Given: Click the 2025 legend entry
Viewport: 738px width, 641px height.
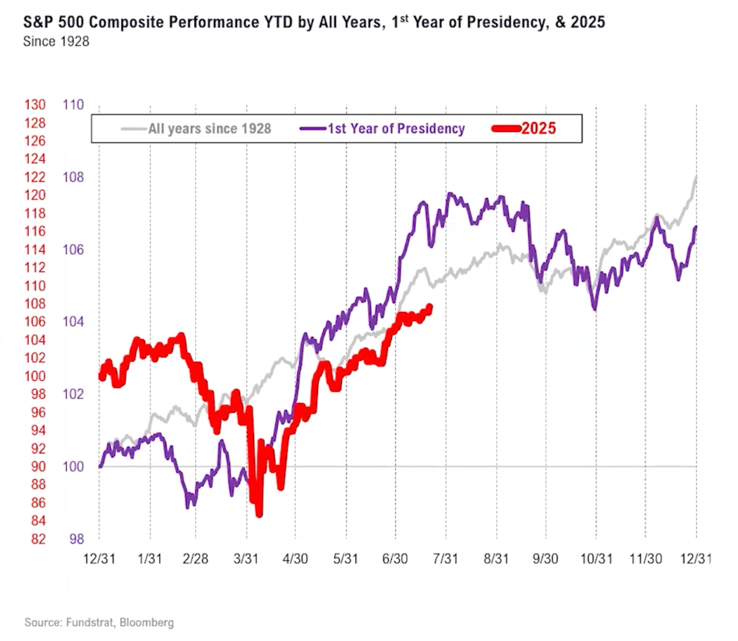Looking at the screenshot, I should click(538, 129).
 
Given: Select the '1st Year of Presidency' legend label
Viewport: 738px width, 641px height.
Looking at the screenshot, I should click(396, 129).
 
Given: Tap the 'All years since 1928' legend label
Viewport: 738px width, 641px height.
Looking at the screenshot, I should click(209, 129).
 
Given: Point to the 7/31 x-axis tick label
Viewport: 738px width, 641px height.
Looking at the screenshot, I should click(446, 558).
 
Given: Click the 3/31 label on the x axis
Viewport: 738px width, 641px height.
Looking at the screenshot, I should click(246, 558).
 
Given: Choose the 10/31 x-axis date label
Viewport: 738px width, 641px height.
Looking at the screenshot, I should click(596, 558).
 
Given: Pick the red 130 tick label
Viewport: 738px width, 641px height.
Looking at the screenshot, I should click(35, 105).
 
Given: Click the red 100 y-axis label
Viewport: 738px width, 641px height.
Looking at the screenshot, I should click(35, 376).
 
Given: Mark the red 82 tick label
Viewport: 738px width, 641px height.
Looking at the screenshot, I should click(38, 539).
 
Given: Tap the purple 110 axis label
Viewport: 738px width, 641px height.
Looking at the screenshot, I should click(73, 105).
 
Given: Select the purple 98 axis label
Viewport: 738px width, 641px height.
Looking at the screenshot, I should click(77, 539).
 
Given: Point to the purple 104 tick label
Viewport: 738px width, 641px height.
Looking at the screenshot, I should click(73, 322).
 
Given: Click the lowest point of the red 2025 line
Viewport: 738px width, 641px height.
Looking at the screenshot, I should click(259, 514).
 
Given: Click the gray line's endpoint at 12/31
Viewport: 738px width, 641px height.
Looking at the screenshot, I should click(696, 176).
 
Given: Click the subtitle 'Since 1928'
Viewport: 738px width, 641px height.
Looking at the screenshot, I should click(56, 42).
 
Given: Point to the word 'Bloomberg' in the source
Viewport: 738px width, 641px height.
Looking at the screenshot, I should click(146, 622).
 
